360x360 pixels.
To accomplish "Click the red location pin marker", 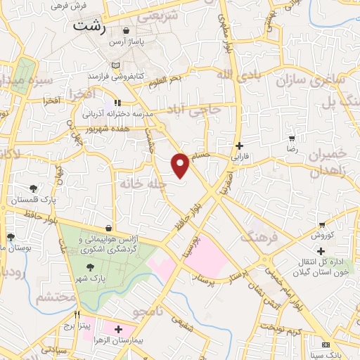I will pyautogui.click(x=181, y=165).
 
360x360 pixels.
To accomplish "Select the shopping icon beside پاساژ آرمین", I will pyautogui.click(x=126, y=31).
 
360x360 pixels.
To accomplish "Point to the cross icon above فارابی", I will pyautogui.click(x=238, y=146).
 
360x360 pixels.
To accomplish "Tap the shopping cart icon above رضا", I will pyautogui.click(x=290, y=139).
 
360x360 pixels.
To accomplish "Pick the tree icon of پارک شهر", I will pyautogui.click(x=90, y=266).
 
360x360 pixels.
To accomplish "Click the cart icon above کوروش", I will pyautogui.click(x=322, y=224).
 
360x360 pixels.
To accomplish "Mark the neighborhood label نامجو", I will pyautogui.click(x=167, y=309).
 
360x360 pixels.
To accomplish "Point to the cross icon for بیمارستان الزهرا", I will pyautogui.click(x=118, y=329).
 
